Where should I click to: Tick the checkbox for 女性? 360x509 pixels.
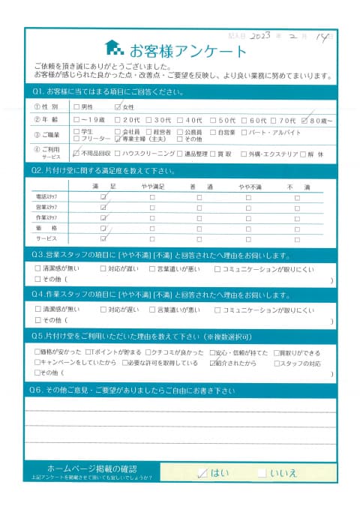tap(118, 107)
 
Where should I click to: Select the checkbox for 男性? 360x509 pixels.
tap(77, 107)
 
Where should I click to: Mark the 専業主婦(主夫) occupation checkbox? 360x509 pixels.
tap(118, 139)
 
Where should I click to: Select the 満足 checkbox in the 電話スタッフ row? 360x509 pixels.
tap(103, 196)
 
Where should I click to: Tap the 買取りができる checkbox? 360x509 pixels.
tap(275, 352)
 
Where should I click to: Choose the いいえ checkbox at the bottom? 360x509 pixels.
tap(260, 473)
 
